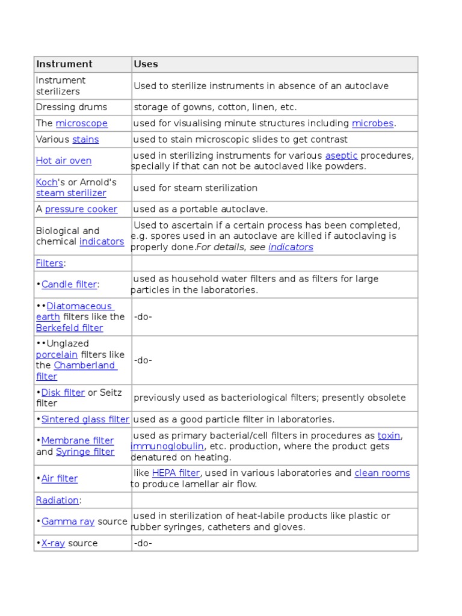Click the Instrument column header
[x=64, y=64]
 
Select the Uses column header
[x=146, y=64]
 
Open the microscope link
[x=82, y=123]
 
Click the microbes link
[x=372, y=123]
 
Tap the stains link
[x=85, y=140]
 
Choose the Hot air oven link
[x=64, y=161]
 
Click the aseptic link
[x=341, y=156]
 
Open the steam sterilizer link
[x=71, y=193]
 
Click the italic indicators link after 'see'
[x=291, y=247]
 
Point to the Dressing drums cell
[x=72, y=107]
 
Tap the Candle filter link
[x=69, y=285]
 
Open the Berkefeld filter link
[x=69, y=328]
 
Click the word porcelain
[x=57, y=355]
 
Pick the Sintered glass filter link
[x=85, y=419]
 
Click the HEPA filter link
[x=176, y=473]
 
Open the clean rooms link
[x=382, y=473]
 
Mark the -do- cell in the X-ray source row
[x=143, y=543]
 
